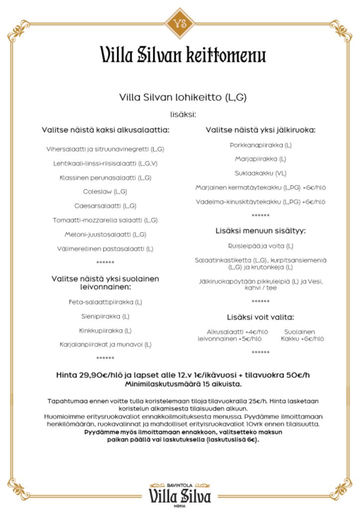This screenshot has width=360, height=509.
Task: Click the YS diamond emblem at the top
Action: pyautogui.click(x=180, y=23)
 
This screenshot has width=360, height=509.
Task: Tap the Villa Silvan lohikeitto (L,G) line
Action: pyautogui.click(x=183, y=97)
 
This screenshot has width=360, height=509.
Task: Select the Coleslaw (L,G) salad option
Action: pyautogui.click(x=105, y=191)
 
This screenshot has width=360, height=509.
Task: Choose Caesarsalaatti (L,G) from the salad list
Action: pyautogui.click(x=105, y=206)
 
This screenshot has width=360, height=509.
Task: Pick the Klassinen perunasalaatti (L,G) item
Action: pyautogui.click(x=105, y=177)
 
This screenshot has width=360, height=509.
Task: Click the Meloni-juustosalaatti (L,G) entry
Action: pyautogui.click(x=105, y=234)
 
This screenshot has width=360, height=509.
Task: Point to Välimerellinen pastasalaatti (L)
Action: pyautogui.click(x=105, y=249)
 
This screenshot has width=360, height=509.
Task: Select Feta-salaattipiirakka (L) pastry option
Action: pyautogui.click(x=105, y=302)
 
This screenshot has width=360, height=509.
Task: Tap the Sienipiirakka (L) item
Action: pyautogui.click(x=105, y=316)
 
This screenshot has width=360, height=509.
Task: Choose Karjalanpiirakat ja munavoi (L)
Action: pyautogui.click(x=105, y=344)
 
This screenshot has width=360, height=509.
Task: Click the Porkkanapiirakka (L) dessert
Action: pyautogui.click(x=261, y=145)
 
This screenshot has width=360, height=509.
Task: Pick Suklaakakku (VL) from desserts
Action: pyautogui.click(x=261, y=173)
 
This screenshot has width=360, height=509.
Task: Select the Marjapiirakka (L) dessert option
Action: pyautogui.click(x=261, y=159)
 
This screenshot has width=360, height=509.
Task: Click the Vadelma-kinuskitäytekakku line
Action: pyautogui.click(x=261, y=202)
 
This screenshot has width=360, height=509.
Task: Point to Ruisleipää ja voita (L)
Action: pyautogui.click(x=261, y=246)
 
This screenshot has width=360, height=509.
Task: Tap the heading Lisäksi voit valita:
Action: pyautogui.click(x=261, y=317)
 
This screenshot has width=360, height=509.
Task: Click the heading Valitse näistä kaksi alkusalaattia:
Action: pyautogui.click(x=105, y=130)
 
